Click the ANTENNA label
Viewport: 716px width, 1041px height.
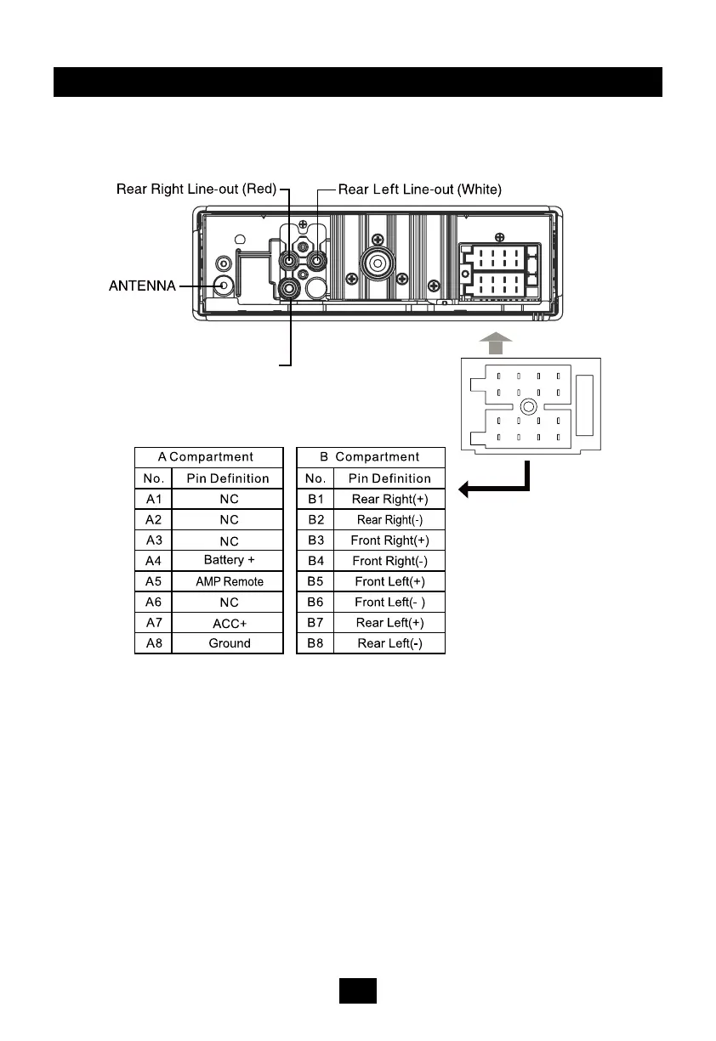click(142, 287)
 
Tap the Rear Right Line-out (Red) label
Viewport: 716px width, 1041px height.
click(196, 189)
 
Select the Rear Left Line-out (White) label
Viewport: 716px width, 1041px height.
click(420, 189)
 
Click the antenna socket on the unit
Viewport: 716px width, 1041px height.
click(224, 286)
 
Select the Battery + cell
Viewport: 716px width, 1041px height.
click(227, 561)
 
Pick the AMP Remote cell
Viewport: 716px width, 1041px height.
click(227, 581)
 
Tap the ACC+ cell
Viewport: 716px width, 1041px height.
click(227, 623)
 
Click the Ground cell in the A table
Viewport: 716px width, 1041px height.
click(227, 643)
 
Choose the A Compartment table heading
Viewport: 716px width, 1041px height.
click(209, 457)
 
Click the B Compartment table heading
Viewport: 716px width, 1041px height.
click(370, 457)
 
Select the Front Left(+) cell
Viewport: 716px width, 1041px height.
click(389, 581)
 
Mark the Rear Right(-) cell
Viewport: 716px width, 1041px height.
click(389, 519)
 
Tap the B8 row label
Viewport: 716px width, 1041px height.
click(315, 643)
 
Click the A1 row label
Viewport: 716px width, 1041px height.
click(154, 499)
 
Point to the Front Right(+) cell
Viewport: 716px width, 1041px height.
click(389, 540)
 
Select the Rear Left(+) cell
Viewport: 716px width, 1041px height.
click(389, 623)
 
